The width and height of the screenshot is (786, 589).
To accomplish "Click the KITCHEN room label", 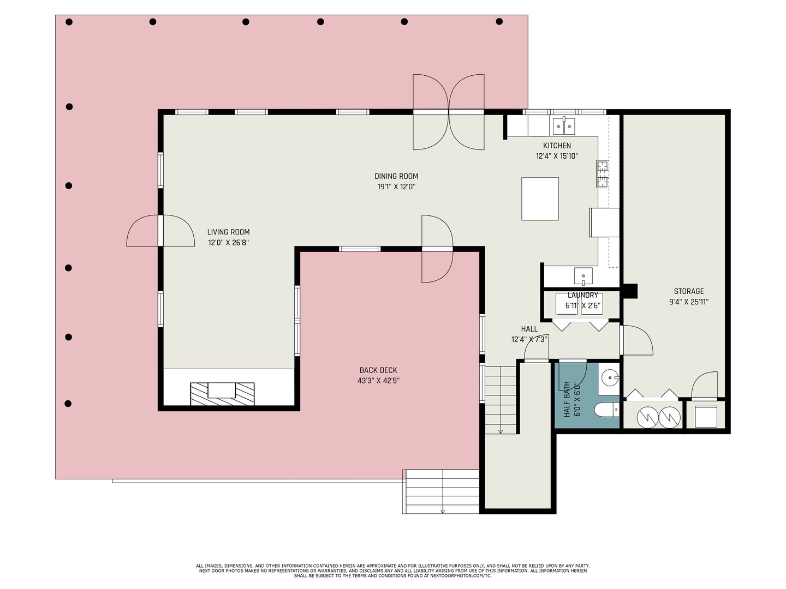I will [x=557, y=146].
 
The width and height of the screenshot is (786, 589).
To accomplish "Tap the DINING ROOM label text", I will [x=396, y=176].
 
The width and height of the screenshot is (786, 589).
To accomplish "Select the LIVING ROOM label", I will [x=228, y=232].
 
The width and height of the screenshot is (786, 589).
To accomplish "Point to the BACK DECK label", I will [x=378, y=370].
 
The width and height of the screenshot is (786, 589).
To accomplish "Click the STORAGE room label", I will [x=688, y=291].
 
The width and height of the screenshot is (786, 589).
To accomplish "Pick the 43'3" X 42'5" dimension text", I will [x=378, y=381].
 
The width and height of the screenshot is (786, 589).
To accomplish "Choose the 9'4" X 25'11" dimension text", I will [x=688, y=302].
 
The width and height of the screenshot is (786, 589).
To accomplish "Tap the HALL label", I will [x=529, y=329].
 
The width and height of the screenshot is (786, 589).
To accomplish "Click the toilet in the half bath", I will [x=608, y=409].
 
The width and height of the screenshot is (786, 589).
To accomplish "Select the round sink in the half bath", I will [x=610, y=377].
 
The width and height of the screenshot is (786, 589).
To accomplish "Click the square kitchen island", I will [x=540, y=199].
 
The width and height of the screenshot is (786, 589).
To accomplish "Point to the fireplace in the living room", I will [x=222, y=393].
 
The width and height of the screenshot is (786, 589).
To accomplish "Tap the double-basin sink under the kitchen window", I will [x=564, y=126].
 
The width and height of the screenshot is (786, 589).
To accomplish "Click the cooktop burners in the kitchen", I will [x=602, y=174].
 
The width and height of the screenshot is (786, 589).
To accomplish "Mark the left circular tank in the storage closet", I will [x=648, y=418].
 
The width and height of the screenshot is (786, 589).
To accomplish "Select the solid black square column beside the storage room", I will [x=630, y=291].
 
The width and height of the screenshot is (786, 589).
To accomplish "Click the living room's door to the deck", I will [x=160, y=231].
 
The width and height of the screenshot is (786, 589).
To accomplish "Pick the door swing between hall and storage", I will [x=636, y=340].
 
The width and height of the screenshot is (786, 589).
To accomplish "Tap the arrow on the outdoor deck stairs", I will [x=443, y=510].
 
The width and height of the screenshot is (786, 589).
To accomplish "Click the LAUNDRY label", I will [x=582, y=295].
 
